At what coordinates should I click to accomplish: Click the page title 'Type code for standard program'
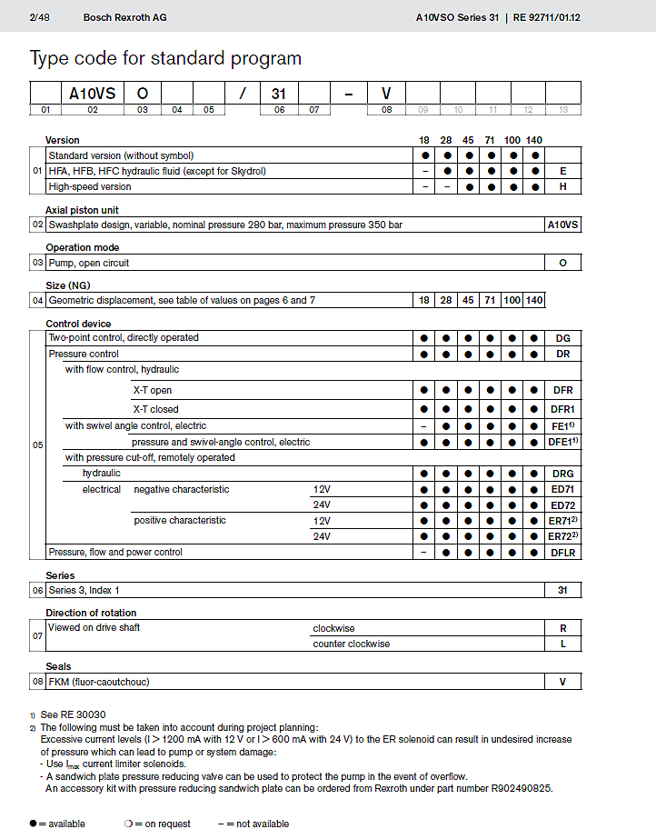(x=165, y=59)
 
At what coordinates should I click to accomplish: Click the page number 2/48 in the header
(x=42, y=17)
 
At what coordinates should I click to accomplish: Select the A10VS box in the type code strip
(x=92, y=93)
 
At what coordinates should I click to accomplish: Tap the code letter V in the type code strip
(x=386, y=93)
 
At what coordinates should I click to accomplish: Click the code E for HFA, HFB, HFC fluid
(x=563, y=171)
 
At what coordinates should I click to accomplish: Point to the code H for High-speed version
(x=563, y=186)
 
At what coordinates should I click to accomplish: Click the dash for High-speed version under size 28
(x=446, y=186)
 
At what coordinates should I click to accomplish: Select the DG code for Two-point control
(x=563, y=338)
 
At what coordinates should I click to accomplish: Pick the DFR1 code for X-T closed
(x=563, y=410)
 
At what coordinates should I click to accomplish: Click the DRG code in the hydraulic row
(x=563, y=474)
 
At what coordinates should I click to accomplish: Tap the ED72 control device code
(x=563, y=505)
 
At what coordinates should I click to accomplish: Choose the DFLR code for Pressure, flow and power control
(x=563, y=553)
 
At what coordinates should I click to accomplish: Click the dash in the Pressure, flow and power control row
(x=423, y=553)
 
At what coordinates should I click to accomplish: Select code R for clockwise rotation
(x=563, y=628)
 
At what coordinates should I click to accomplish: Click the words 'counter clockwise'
(x=351, y=644)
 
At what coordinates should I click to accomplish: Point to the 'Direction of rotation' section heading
(x=91, y=614)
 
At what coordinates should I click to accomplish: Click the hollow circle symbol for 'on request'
(x=128, y=824)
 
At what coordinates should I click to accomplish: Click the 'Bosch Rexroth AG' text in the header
(x=124, y=17)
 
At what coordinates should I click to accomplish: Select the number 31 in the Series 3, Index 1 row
(x=563, y=591)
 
